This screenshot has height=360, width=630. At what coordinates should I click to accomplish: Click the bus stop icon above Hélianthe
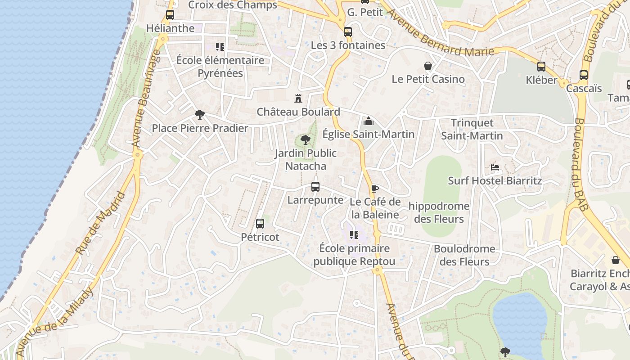(170, 14)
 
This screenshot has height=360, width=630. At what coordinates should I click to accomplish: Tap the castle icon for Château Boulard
(298, 98)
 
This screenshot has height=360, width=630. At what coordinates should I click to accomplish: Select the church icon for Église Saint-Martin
(368, 121)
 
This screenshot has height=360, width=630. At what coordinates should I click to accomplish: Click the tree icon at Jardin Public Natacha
(306, 140)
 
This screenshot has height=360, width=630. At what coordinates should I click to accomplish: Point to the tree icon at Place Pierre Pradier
(199, 115)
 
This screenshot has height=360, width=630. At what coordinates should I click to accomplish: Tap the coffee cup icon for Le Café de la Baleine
(374, 189)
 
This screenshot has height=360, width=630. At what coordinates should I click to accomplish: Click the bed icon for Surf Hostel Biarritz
(495, 167)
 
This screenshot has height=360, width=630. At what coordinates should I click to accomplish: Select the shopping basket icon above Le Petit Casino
(428, 66)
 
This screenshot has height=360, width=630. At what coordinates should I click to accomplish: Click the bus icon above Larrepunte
(315, 187)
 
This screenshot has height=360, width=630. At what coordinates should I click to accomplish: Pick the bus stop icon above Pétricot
(260, 224)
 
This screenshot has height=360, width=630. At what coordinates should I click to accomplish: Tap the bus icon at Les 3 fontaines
(348, 32)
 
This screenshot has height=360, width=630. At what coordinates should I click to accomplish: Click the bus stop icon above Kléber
(541, 67)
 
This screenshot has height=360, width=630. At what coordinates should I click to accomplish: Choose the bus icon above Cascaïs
(584, 75)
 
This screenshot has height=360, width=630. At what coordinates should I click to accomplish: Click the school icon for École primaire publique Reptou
(354, 235)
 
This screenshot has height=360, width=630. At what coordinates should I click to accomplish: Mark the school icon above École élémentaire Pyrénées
(220, 47)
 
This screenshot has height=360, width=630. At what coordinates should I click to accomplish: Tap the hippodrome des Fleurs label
(439, 212)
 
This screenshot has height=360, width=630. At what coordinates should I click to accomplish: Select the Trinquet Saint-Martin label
(472, 129)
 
